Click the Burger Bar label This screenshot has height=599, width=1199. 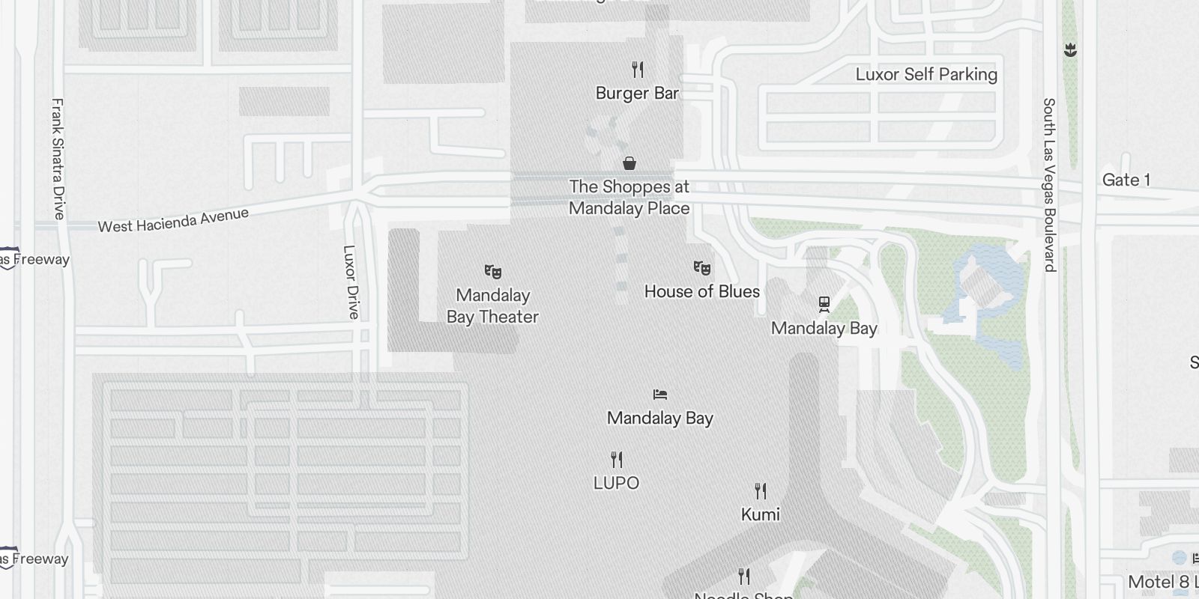tap(637, 94)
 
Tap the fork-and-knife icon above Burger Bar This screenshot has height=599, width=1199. tap(638, 70)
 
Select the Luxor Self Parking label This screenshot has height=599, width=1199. tap(926, 74)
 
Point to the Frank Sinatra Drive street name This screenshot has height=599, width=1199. tap(58, 159)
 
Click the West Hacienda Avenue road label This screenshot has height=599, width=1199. tap(173, 220)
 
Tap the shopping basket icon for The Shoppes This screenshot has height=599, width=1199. tap(629, 162)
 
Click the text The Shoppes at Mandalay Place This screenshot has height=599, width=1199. tap(629, 198)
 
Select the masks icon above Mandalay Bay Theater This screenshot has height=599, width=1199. tap(492, 271)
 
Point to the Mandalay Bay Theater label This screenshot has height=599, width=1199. tap(492, 306)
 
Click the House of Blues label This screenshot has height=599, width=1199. tap(702, 291)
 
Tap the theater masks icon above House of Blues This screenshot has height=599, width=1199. tap(702, 267)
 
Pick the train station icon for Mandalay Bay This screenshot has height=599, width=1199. tap(824, 304)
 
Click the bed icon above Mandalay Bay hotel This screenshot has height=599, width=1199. tap(660, 394)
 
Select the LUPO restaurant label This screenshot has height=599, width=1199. tap(616, 483)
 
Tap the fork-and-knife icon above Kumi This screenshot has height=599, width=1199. tap(761, 491)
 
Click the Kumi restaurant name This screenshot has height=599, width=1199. tap(761, 514)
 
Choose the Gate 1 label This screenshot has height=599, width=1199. tap(1126, 180)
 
